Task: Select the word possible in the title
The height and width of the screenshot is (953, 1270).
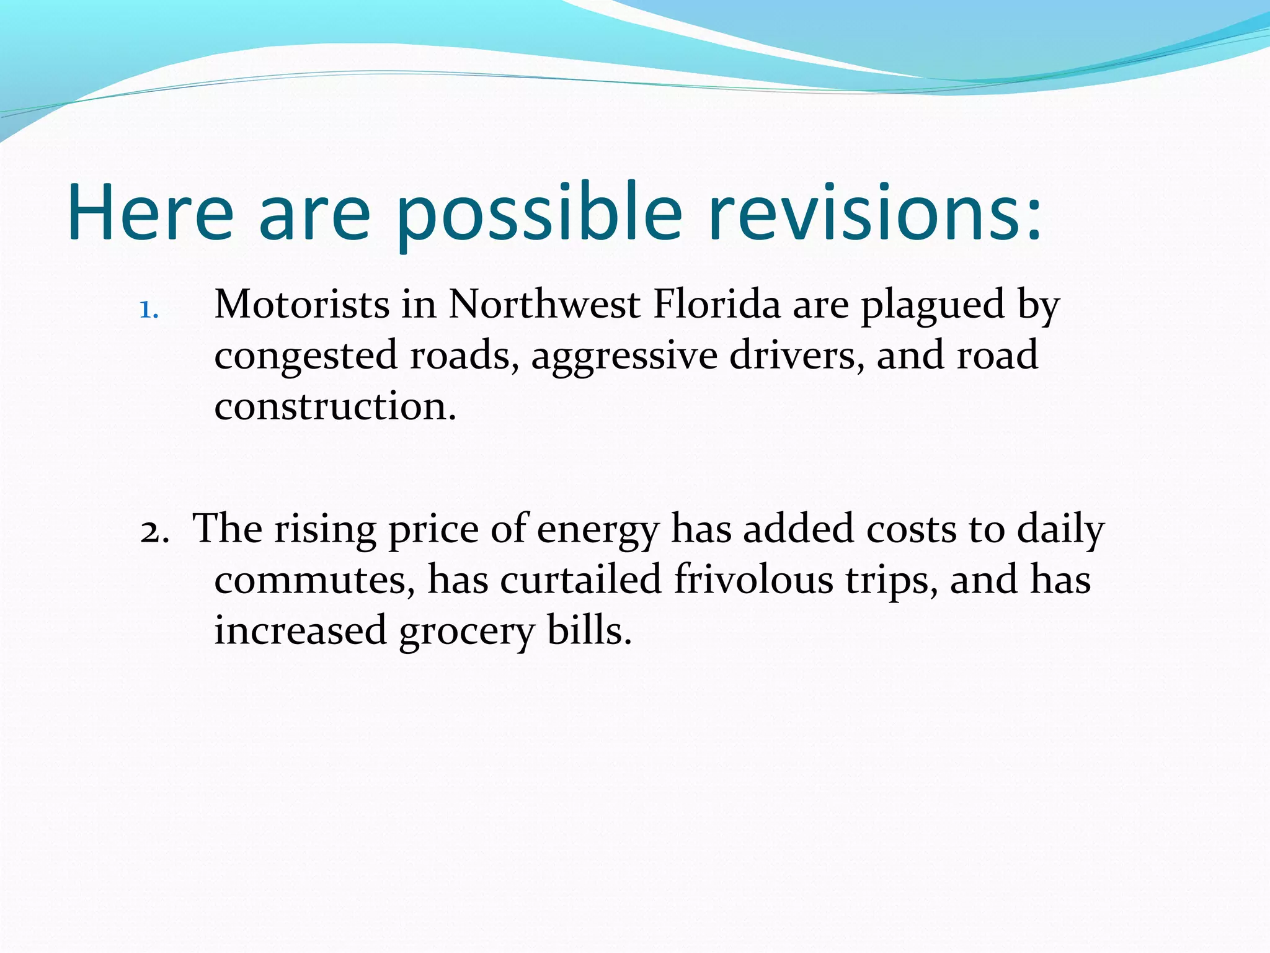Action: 539,212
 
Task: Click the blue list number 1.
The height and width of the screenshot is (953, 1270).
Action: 149,309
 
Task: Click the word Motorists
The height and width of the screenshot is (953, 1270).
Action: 302,305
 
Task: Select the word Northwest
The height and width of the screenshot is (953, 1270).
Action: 544,305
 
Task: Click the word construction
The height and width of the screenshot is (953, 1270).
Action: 335,406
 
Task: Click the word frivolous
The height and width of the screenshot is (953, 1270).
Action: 753,579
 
